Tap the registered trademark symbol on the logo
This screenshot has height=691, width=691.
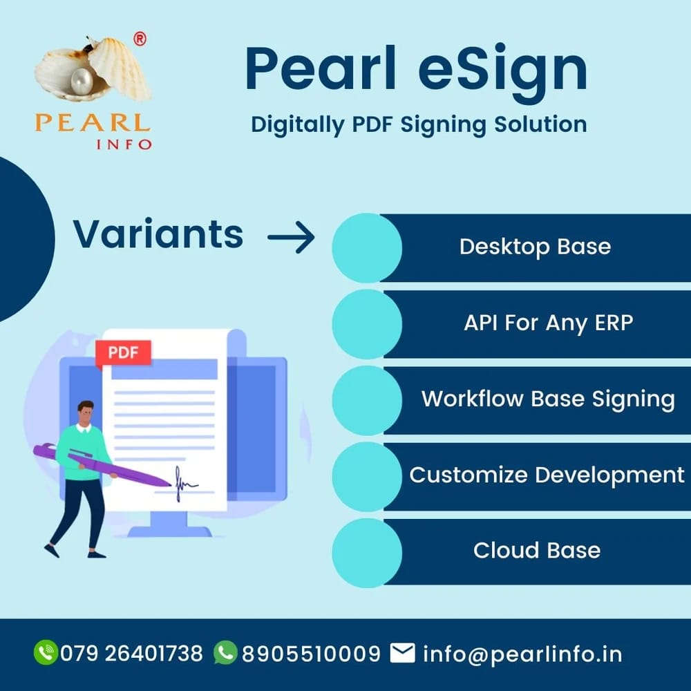coord(140,40)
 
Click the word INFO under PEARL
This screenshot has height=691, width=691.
coord(124,144)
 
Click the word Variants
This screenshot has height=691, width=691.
coord(158,234)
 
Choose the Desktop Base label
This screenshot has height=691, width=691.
coord(535,247)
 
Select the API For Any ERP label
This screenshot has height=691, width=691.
coord(548,322)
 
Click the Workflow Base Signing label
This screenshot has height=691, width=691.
coord(548,399)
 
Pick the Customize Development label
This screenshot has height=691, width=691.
coord(547,475)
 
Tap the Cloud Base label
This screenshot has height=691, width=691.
coord(536,550)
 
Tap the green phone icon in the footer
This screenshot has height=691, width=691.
coord(46,653)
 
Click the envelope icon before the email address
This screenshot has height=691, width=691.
coord(402,653)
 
